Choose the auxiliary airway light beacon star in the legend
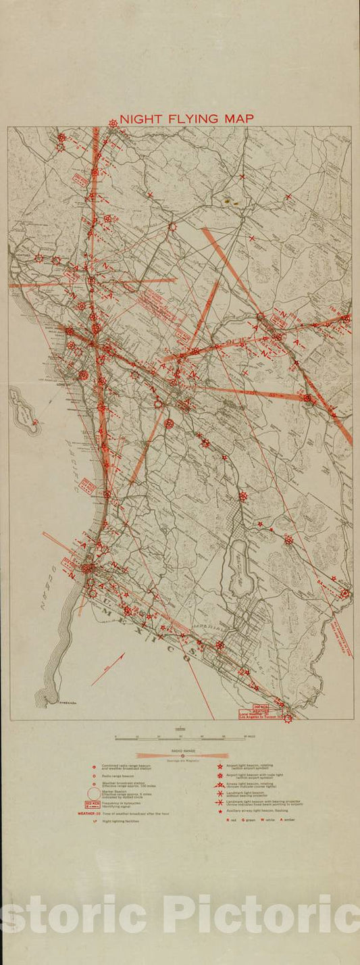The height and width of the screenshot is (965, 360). tap(220, 810)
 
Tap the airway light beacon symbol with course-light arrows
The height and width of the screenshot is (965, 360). tap(220, 785)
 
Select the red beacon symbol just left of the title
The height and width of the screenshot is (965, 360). tap(113, 123)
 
